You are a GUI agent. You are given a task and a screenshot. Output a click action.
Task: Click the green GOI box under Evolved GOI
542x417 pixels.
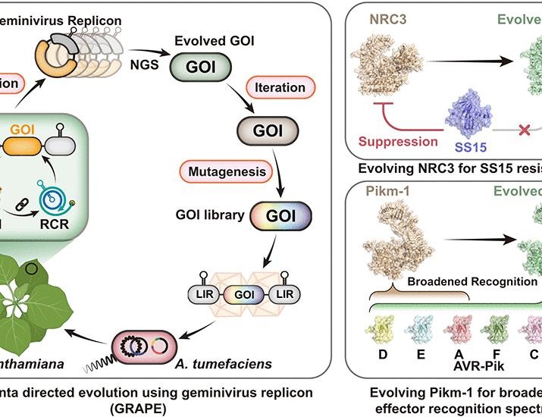point(205,65)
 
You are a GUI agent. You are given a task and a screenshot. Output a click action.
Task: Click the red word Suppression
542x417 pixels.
point(399,142)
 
